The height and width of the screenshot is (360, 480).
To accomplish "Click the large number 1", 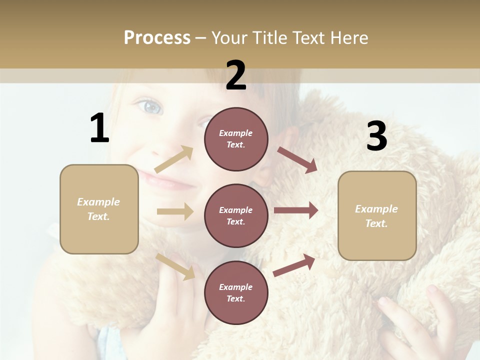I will tap(99, 128).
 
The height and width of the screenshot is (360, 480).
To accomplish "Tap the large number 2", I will tap(236, 75).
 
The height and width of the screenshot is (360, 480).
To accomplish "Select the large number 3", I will tap(376, 136).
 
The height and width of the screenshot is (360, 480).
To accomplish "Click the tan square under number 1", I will tap(99, 209).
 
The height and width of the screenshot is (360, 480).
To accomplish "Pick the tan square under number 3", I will tap(377, 215).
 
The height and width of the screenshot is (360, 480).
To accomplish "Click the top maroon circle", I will tap(236, 139).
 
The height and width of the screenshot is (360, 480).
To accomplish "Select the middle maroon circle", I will tap(236, 215).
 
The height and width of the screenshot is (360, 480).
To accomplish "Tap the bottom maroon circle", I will tap(236, 292).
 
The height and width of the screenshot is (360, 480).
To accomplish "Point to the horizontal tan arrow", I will tap(175, 211).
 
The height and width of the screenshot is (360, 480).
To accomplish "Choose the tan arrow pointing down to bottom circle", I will tap(175, 266).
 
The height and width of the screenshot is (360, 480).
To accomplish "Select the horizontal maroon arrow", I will tap(296, 210).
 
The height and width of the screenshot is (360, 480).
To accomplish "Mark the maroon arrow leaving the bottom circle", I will tap(294, 265).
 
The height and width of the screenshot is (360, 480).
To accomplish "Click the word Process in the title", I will tap(157, 37).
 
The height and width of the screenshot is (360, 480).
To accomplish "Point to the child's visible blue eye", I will tap(150, 106).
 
